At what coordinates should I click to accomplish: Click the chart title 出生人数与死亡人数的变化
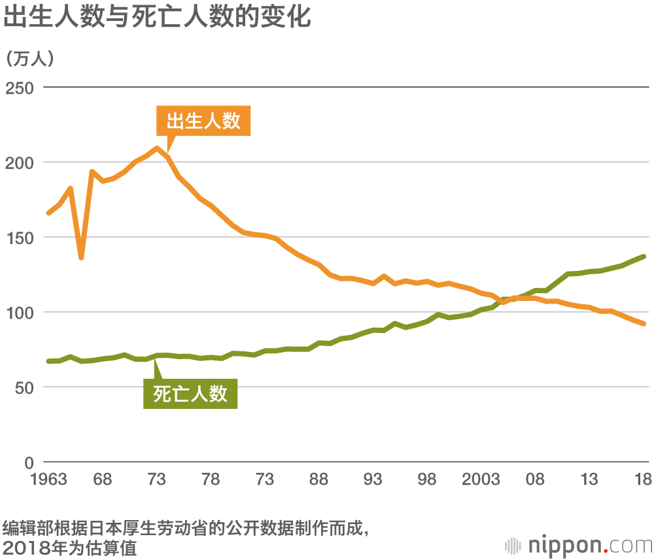tap(156, 17)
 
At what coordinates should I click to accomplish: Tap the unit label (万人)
tap(30, 58)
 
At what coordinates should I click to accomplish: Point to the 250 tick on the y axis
tap(20, 87)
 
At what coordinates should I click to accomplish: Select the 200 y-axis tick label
tap(20, 162)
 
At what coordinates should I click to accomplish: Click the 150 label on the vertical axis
tap(20, 237)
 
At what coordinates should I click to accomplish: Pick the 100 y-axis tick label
tap(20, 313)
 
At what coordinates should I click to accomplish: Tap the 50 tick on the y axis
tap(24, 387)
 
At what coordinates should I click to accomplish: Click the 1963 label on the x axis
tap(48, 480)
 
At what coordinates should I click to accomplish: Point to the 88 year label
tap(318, 480)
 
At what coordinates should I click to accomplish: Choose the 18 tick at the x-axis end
tap(643, 480)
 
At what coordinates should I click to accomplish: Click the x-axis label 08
tap(535, 480)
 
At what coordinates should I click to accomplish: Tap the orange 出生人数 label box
tap(203, 121)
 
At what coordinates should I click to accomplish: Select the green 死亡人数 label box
tap(190, 393)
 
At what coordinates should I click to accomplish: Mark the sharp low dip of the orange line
tap(81, 257)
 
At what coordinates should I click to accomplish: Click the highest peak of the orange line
tap(157, 149)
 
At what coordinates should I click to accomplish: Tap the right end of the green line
tap(644, 256)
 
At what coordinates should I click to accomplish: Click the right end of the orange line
tap(644, 323)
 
